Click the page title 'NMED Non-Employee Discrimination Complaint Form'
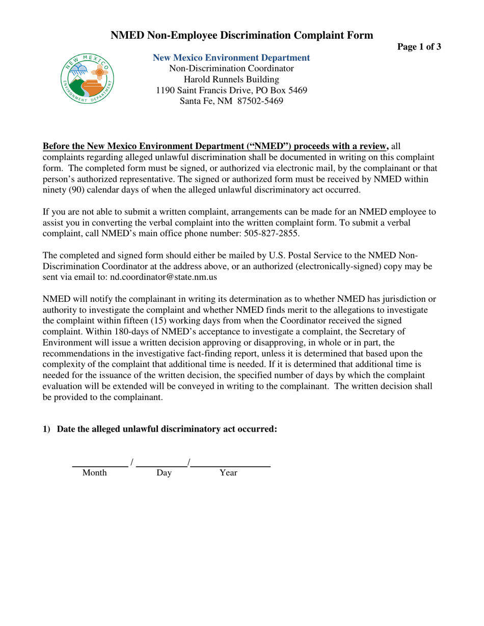[242, 35]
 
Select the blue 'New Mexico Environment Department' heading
[231, 58]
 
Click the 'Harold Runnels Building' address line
[231, 79]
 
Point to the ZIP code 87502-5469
[259, 101]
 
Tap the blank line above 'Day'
[162, 465]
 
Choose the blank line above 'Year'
[230, 465]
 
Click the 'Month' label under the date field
[95, 473]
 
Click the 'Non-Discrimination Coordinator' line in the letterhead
[231, 69]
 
